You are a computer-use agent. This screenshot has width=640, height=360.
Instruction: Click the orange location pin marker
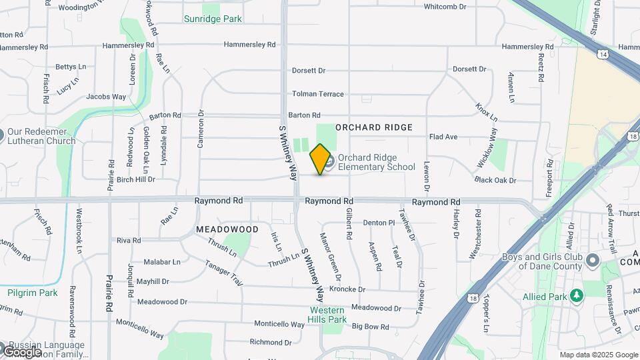pyautogui.click(x=321, y=159)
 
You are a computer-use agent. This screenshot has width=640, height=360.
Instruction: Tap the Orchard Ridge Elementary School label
pyautogui.click(x=376, y=162)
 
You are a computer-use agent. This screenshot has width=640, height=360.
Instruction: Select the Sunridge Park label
pyautogui.click(x=213, y=19)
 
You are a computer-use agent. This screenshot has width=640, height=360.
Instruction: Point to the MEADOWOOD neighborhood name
pyautogui.click(x=227, y=229)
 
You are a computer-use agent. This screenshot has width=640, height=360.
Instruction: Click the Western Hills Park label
pyautogui.click(x=327, y=315)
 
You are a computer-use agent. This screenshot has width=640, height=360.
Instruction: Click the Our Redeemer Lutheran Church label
pyautogui.click(x=41, y=136)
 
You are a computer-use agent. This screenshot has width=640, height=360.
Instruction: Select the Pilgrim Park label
pyautogui.click(x=33, y=293)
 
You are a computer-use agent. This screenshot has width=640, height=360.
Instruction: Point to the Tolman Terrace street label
pyautogui.click(x=318, y=94)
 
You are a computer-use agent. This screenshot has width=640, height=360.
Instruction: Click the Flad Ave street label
pyautogui.click(x=443, y=137)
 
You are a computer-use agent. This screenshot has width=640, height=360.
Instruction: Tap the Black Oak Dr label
pyautogui.click(x=495, y=180)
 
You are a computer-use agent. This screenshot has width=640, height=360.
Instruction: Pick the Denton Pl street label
pyautogui.click(x=379, y=223)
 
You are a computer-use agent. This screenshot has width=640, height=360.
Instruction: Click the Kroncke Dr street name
pyautogui.click(x=347, y=289)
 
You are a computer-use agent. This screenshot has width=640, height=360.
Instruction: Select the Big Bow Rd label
pyautogui.click(x=370, y=327)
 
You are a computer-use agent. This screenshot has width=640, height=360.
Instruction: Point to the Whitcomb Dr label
pyautogui.click(x=448, y=7)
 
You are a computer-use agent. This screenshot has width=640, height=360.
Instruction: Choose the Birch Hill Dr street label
pyautogui.click(x=135, y=179)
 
